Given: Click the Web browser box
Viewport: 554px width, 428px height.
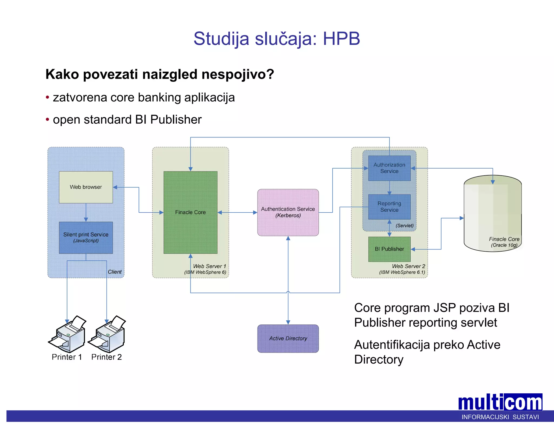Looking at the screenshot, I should (x=86, y=187).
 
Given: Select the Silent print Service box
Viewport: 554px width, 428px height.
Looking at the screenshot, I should (x=86, y=237).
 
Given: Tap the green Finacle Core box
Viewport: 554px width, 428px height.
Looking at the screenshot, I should (x=190, y=212).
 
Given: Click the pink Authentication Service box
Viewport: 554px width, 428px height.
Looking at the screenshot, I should (x=288, y=212).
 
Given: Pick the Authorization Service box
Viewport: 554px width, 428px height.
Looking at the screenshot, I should (x=389, y=168).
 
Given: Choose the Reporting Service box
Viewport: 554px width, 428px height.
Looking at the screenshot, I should (x=389, y=206).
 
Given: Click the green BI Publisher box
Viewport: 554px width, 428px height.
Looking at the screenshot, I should (x=389, y=249).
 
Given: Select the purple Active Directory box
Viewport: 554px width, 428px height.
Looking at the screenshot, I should (x=288, y=338).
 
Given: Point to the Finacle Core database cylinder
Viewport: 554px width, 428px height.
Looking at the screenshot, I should (x=492, y=214).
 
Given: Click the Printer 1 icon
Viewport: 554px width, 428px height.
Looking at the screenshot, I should (x=68, y=334).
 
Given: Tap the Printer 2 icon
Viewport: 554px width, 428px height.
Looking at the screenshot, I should (x=107, y=334).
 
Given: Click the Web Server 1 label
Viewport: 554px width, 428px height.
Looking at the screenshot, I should (x=209, y=266).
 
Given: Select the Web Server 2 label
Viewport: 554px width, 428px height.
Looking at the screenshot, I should (x=408, y=266).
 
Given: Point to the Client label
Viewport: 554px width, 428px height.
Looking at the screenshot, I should (x=115, y=272).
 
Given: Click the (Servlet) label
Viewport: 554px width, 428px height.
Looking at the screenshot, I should (x=404, y=226).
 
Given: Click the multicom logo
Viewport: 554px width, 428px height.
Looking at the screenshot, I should (x=500, y=403).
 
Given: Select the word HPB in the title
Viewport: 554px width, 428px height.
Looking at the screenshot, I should (x=341, y=38).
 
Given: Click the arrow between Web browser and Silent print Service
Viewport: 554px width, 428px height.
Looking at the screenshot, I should (x=86, y=212).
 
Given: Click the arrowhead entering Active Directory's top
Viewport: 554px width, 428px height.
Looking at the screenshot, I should (x=288, y=322).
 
